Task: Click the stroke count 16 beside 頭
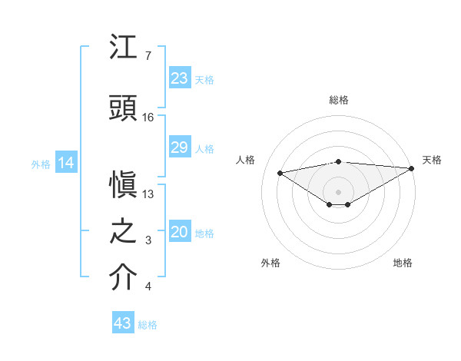coord(148,118)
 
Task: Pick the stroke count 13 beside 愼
coord(148,194)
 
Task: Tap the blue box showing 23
coord(179,78)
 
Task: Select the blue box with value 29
coord(179,148)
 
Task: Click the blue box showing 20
coord(179,233)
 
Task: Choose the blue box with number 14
coord(65,163)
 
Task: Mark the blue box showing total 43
coord(122,323)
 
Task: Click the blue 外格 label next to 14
coord(41,164)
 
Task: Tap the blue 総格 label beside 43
coord(148,325)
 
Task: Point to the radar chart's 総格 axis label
coord(338,100)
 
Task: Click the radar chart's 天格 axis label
coord(432,160)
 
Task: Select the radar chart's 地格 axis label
coord(403,263)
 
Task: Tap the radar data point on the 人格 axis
coord(280,172)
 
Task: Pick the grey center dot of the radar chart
coord(338,190)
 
